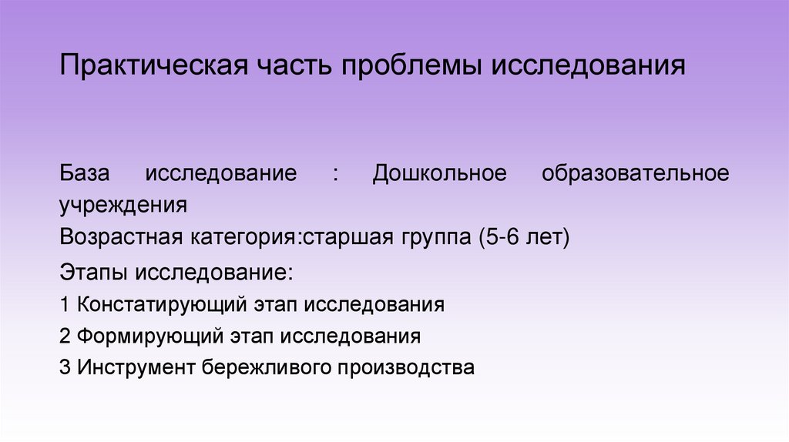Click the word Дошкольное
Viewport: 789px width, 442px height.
(x=440, y=172)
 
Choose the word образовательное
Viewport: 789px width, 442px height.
(x=635, y=173)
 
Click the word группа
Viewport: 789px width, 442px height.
(x=432, y=239)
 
